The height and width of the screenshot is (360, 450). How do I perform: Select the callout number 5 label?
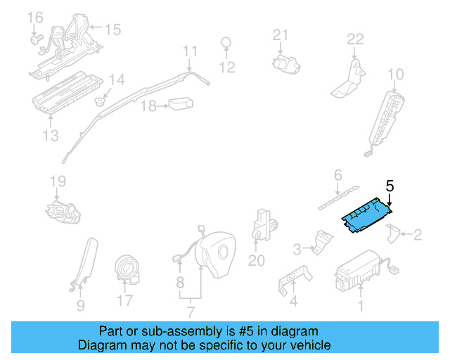pyautogui.click(x=390, y=186)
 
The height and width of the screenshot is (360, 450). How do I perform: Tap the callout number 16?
pyautogui.click(x=34, y=17)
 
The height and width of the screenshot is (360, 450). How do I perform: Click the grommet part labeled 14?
pyautogui.click(x=101, y=101)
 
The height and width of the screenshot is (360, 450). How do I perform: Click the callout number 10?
pyautogui.click(x=396, y=74)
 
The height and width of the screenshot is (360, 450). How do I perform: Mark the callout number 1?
pyautogui.click(x=361, y=305)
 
